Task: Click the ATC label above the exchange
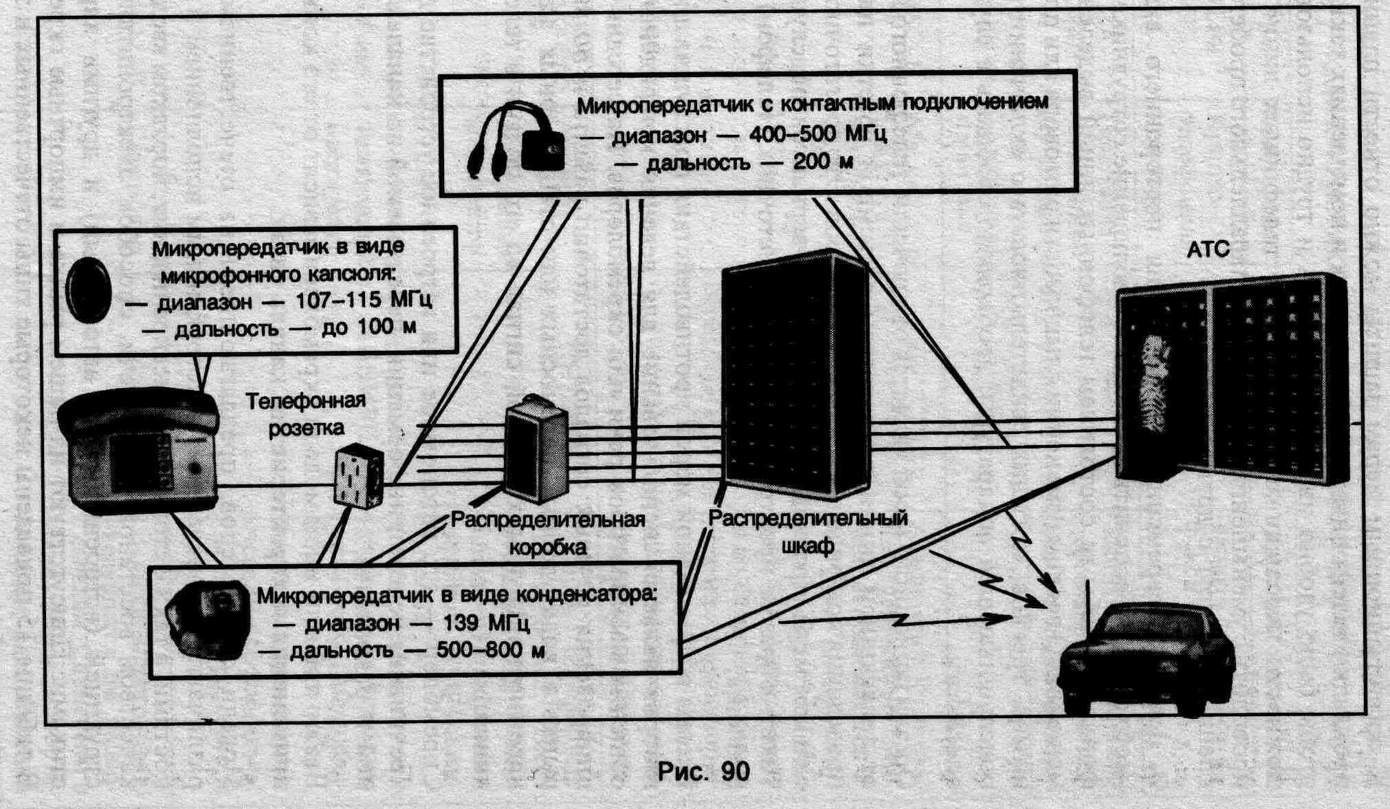click(1208, 250)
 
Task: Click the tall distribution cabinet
click(796, 375)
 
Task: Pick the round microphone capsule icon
click(88, 289)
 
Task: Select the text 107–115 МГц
click(363, 301)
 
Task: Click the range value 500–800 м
click(490, 650)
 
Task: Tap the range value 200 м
click(823, 163)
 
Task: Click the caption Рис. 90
click(703, 771)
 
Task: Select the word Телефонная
click(306, 400)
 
